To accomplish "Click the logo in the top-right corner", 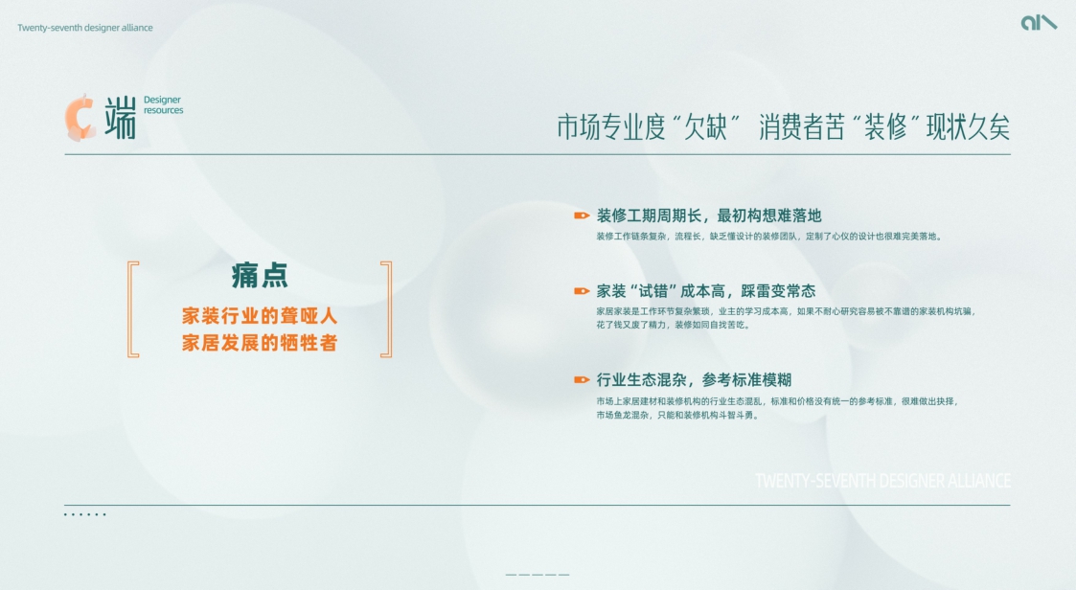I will click(x=1039, y=22).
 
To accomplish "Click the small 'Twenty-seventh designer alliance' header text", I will click(x=84, y=28).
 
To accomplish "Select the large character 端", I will click(x=120, y=117).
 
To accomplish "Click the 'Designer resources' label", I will click(x=163, y=105).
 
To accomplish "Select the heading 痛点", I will click(x=260, y=276).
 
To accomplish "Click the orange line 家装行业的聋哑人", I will click(x=260, y=315).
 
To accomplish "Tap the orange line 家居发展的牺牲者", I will click(x=260, y=343).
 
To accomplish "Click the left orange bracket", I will click(x=133, y=309).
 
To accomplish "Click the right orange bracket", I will click(x=386, y=309).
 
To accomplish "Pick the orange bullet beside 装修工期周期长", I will click(x=582, y=216).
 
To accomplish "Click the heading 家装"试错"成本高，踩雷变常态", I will click(x=705, y=291).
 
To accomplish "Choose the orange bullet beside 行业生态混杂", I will click(x=582, y=380).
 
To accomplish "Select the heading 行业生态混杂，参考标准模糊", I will click(x=694, y=380).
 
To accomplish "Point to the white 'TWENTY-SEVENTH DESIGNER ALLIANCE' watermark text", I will click(x=881, y=481).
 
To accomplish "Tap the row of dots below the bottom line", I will click(x=84, y=515).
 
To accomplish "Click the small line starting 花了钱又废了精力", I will click(x=673, y=326).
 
